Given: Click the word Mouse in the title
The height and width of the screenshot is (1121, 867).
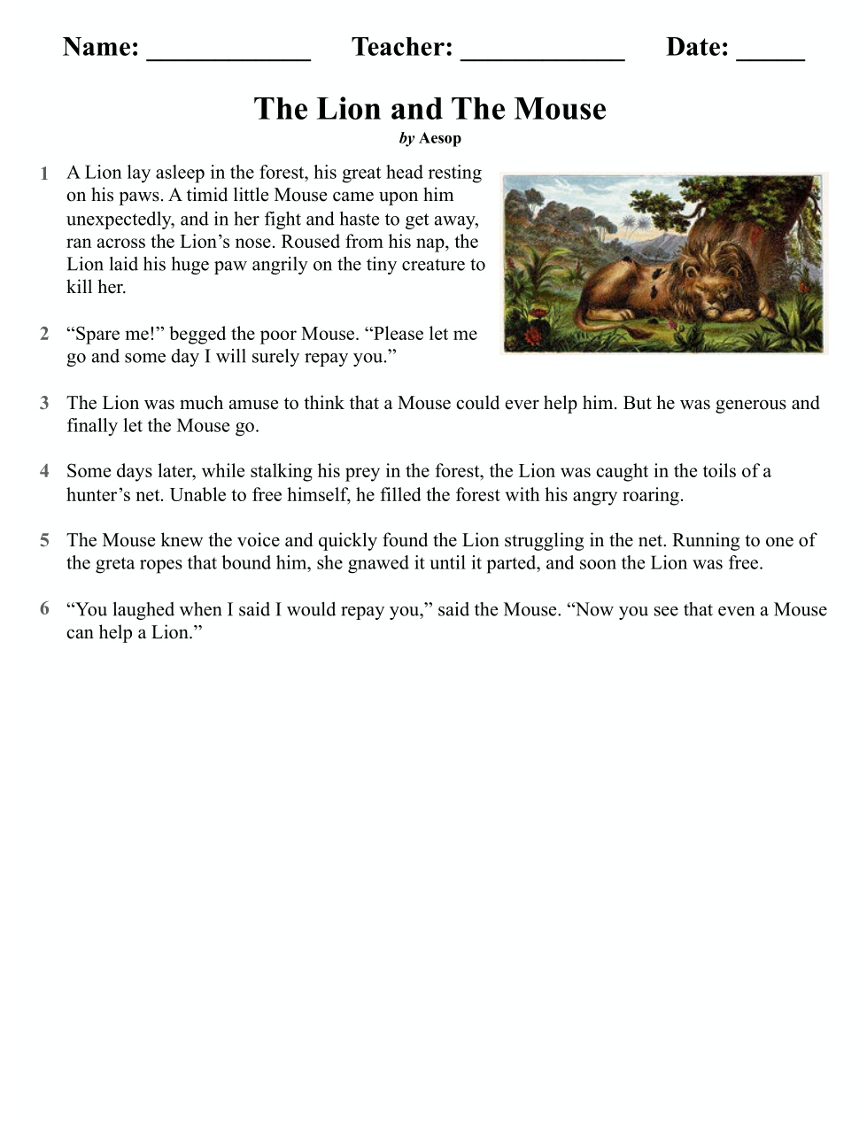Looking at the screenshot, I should pos(561,109).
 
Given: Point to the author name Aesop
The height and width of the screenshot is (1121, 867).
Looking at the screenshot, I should pos(440,138).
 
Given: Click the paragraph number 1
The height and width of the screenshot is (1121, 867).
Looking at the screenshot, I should pos(44,174).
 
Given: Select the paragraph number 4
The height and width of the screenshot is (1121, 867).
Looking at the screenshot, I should pos(44,471).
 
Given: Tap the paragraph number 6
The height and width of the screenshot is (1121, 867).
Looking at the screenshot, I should pos(44,609).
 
